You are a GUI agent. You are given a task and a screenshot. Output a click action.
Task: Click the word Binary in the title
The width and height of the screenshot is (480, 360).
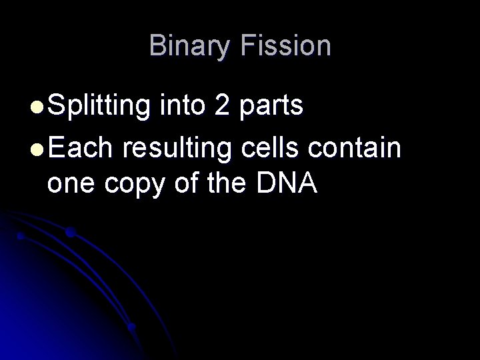tap(187, 46)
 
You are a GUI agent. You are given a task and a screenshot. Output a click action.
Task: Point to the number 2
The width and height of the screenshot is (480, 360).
tap(222, 106)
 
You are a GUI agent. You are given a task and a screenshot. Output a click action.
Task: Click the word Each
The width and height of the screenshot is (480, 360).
tap(79, 147)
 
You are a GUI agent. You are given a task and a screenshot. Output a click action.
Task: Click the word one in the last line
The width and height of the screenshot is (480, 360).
tap(73, 185)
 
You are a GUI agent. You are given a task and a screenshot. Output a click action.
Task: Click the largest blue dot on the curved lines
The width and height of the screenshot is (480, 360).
tap(69, 233)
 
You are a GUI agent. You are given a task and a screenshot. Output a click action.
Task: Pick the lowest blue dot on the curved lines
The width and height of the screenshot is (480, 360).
tap(131, 327)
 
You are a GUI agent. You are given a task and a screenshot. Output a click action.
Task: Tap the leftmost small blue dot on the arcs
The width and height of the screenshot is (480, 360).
tap(21, 236)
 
